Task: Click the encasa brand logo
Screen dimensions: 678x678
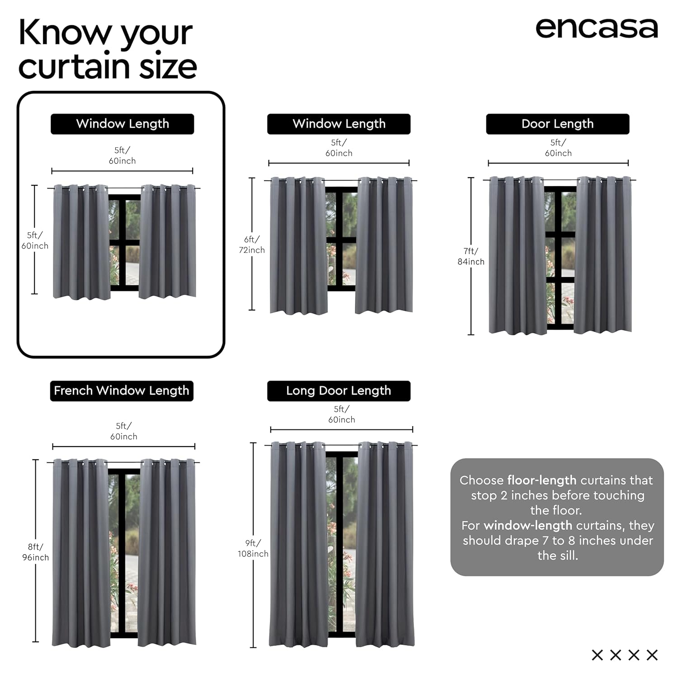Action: pyautogui.click(x=597, y=28)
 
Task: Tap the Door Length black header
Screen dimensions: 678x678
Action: pyautogui.click(x=557, y=124)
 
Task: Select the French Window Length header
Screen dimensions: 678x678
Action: pyautogui.click(x=122, y=391)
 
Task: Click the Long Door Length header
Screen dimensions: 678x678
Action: pyautogui.click(x=339, y=391)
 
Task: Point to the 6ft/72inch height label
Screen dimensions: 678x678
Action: pyautogui.click(x=252, y=245)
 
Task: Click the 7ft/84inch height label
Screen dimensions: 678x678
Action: pyautogui.click(x=471, y=256)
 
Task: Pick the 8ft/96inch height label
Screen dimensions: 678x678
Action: pyautogui.click(x=35, y=552)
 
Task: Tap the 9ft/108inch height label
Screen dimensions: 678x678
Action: pyautogui.click(x=253, y=548)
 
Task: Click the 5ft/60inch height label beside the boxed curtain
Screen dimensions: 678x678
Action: pyautogui.click(x=35, y=240)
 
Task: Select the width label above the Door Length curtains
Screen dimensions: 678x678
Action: pyautogui.click(x=558, y=148)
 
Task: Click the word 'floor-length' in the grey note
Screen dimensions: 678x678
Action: pyautogui.click(x=542, y=480)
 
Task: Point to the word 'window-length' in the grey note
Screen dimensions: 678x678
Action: pyautogui.click(x=528, y=525)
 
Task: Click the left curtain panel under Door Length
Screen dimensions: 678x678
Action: pyautogui.click(x=518, y=255)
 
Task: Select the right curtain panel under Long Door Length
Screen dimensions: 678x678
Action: pyautogui.click(x=385, y=544)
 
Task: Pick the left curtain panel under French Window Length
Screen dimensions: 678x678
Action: pyautogui.click(x=81, y=553)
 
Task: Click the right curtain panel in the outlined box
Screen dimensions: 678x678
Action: pyautogui.click(x=167, y=242)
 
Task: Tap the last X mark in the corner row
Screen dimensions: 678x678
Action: pyautogui.click(x=652, y=654)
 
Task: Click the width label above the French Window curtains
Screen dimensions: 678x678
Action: pyautogui.click(x=124, y=431)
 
